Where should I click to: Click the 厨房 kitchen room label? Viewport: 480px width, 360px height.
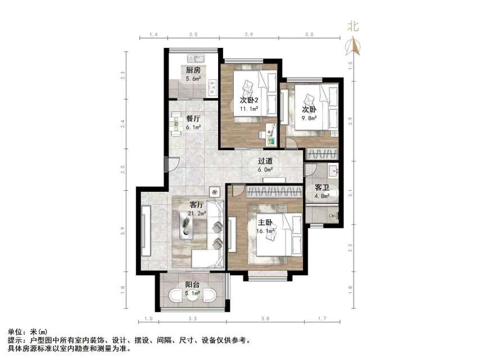click(193, 70)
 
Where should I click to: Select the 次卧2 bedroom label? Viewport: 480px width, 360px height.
click(248, 101)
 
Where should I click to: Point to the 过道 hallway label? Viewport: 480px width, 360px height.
click(265, 160)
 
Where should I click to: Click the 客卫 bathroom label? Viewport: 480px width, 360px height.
click(321, 187)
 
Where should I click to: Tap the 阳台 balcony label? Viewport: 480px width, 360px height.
click(192, 285)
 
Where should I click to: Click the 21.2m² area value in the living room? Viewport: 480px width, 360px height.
click(197, 213)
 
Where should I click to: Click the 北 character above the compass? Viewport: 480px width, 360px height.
click(353, 26)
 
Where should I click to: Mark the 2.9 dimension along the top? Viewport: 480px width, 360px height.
click(248, 35)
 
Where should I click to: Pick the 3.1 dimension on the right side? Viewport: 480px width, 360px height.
click(351, 193)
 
